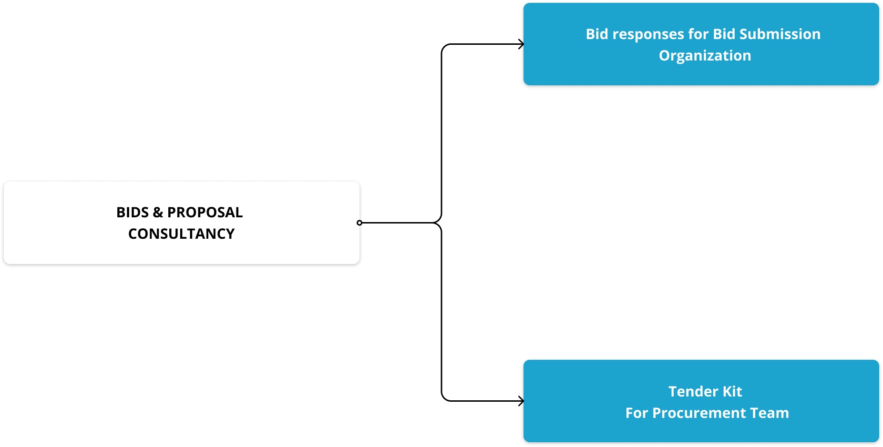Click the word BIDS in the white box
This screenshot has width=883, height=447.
point(133,213)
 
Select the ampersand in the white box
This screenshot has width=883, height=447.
point(158,213)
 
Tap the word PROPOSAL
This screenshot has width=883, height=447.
point(205,213)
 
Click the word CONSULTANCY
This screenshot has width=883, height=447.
point(181,234)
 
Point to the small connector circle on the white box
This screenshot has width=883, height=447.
point(359,223)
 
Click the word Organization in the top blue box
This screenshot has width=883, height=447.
point(705,56)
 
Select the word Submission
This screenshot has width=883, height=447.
point(780,34)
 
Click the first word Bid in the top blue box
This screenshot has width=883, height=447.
point(597,34)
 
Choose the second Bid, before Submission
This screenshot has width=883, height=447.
point(724,34)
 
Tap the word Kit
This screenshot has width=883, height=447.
point(732,392)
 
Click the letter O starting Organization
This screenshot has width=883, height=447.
point(665,56)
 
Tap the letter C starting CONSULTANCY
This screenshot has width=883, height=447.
point(133,234)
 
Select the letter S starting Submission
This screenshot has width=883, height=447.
point(743,34)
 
